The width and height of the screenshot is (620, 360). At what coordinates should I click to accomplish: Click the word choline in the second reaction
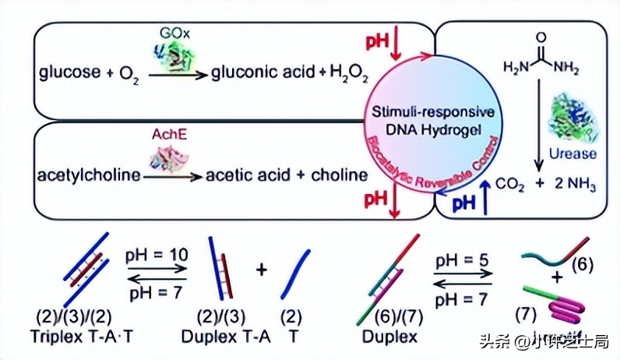click(340, 175)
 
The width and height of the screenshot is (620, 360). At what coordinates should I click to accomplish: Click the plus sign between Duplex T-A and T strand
click(262, 270)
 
